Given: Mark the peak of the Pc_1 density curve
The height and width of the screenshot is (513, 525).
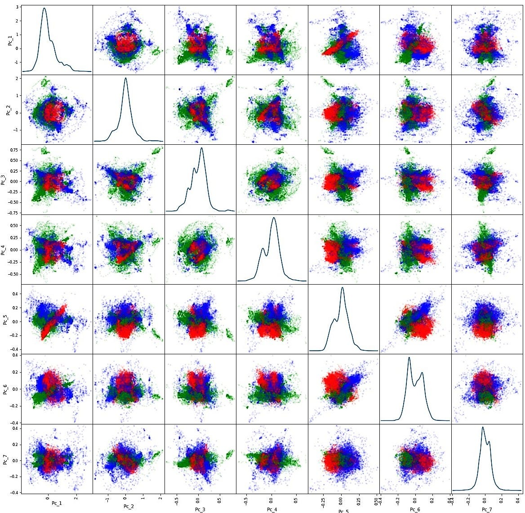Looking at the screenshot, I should point(44,8).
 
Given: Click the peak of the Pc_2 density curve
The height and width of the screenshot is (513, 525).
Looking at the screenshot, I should point(125,78).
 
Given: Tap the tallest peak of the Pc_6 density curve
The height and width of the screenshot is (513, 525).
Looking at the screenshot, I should point(409,357).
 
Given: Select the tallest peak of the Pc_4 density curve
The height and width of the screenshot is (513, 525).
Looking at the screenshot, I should point(274,218).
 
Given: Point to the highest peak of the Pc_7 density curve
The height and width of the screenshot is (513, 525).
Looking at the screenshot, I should point(483,427).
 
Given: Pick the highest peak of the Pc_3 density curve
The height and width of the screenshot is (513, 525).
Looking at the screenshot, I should point(201,148).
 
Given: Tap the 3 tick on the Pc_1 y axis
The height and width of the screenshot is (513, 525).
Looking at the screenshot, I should point(19,7).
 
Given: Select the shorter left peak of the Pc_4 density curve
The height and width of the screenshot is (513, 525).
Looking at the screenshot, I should point(263,248).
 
